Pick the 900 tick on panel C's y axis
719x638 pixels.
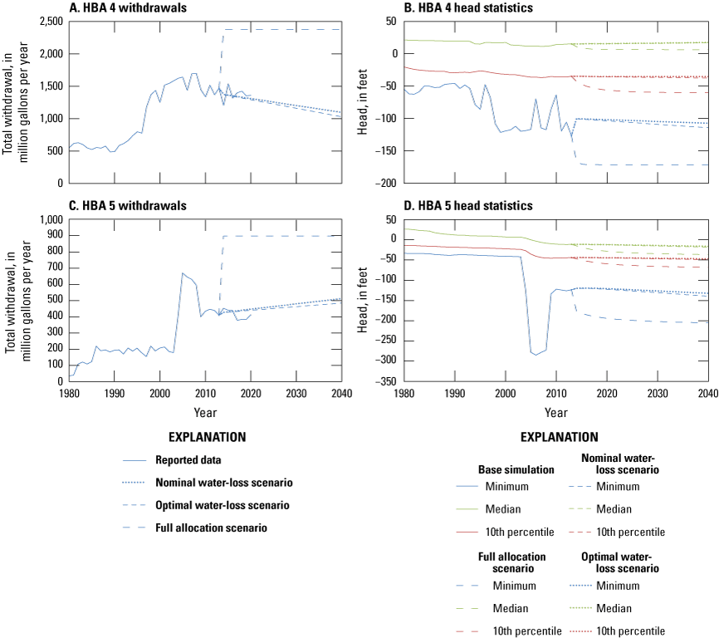pos(56,236)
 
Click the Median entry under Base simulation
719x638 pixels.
pos(516,508)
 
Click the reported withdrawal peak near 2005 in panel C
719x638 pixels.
pos(183,272)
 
